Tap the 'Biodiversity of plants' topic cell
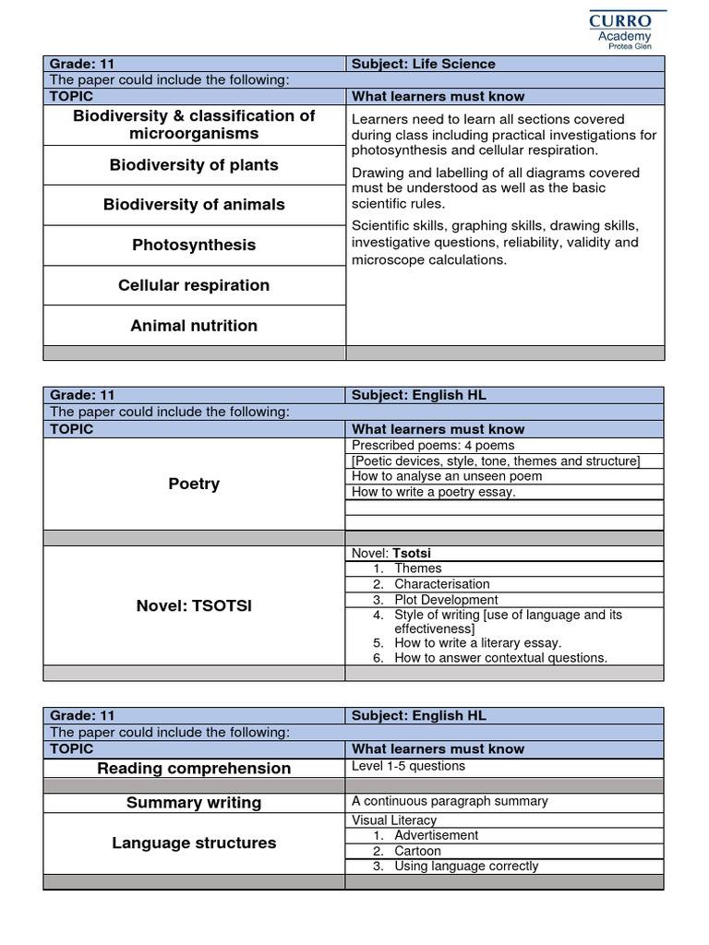click(194, 165)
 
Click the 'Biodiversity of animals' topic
click(194, 205)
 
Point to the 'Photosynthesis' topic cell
click(194, 245)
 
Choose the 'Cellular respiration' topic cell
click(194, 285)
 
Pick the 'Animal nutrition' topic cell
click(194, 325)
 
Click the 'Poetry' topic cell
click(194, 484)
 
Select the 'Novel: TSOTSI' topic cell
click(194, 605)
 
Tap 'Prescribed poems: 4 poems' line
click(433, 446)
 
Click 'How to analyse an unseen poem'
click(447, 476)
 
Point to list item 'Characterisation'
click(441, 584)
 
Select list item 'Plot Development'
click(446, 600)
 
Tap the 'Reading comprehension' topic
click(194, 768)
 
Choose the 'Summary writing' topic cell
click(194, 803)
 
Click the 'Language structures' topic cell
click(194, 843)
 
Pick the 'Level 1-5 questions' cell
click(408, 766)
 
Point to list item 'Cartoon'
click(417, 851)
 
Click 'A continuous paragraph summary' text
click(450, 801)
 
